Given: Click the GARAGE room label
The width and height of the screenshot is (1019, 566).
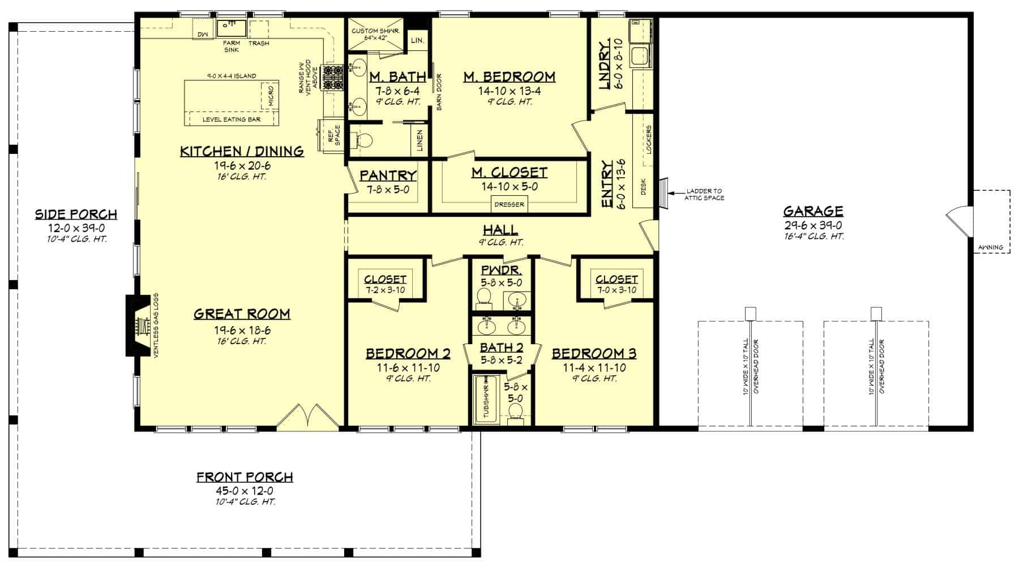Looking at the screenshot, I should (813, 212).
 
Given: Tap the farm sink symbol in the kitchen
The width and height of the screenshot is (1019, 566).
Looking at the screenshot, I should (232, 27).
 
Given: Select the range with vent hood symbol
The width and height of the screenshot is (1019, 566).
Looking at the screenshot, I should (332, 78).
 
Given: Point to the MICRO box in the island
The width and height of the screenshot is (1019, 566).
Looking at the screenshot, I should (269, 96).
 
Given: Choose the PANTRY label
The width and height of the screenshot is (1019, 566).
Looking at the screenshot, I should (388, 176).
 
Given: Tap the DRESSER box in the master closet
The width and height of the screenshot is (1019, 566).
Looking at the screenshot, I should (509, 204).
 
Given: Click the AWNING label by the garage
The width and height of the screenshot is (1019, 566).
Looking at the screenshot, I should (991, 247).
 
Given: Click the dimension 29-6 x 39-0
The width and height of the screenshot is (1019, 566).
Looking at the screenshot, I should (813, 225).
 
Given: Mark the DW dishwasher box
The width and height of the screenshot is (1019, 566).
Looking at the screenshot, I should (202, 35).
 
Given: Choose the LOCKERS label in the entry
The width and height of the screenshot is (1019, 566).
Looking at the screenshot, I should (649, 139).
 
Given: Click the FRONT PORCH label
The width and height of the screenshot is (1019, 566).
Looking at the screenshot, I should (245, 477).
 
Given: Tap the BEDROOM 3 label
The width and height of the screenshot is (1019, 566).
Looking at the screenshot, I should (594, 354).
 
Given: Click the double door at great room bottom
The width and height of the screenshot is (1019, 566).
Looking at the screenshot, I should (307, 417).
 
